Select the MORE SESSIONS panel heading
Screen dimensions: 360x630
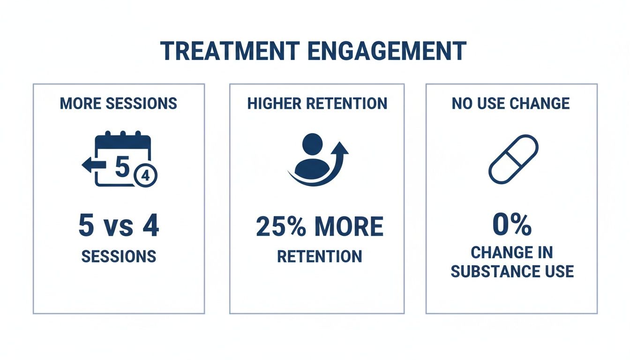coord(119,103)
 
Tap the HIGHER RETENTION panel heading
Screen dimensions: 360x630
coord(317,103)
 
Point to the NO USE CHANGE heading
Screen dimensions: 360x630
coord(511,103)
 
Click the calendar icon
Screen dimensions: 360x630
coord(123,160)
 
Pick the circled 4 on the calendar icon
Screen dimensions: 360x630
coord(145,176)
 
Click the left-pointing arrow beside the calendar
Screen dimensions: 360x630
coord(89,165)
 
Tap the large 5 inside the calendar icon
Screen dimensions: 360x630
coord(121,167)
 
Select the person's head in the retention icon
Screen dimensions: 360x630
coord(313,143)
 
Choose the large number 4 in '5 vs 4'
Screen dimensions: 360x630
coord(150,226)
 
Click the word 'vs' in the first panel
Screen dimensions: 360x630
coord(118,228)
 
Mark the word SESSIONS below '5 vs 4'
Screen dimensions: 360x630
coord(119,256)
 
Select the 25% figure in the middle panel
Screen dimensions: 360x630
coord(282,227)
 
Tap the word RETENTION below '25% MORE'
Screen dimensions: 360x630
coord(319,256)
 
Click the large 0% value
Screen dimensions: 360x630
coord(512,226)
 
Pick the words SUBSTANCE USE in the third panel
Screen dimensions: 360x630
coord(512,271)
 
